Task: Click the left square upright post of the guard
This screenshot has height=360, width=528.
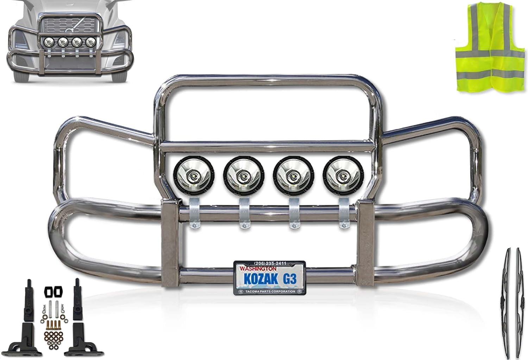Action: [170, 243]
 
